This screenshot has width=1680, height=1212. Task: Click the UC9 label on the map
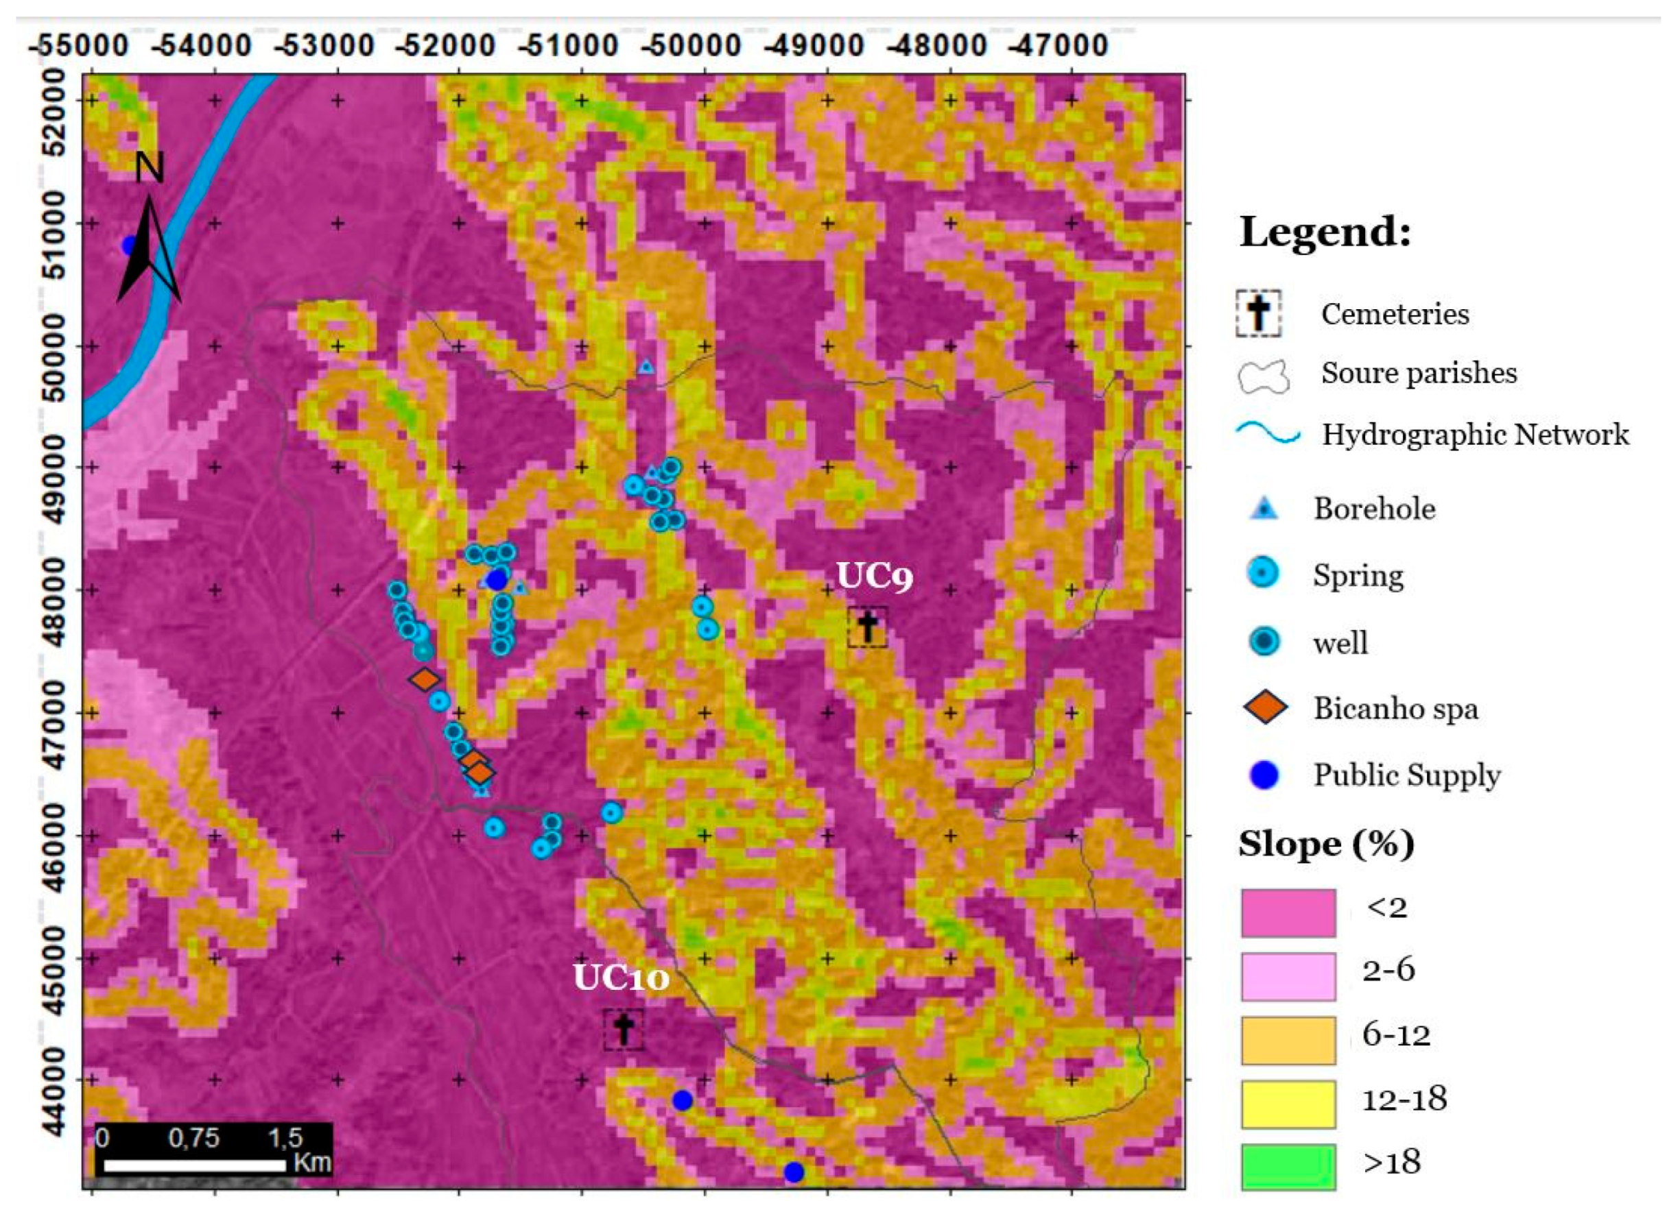[874, 576]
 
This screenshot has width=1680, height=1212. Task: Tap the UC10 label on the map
[621, 978]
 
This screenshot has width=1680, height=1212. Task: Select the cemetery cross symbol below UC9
[867, 627]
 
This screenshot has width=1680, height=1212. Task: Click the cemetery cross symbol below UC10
[623, 1029]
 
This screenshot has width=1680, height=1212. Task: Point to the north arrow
[149, 237]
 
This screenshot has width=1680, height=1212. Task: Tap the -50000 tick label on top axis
[690, 46]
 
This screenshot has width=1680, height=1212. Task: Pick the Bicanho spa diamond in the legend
[1265, 708]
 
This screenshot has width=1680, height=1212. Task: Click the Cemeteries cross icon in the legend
[1259, 314]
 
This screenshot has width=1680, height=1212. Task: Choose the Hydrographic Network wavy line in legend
[1268, 434]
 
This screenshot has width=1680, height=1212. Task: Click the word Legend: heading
[1325, 232]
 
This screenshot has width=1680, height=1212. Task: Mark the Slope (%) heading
[1326, 844]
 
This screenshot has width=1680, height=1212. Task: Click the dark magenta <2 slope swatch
[1288, 913]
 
